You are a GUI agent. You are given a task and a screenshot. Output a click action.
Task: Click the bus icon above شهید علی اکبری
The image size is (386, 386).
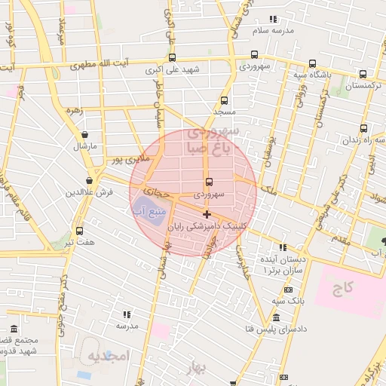(173, 57)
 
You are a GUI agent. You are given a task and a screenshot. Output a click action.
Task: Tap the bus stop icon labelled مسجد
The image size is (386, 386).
(224, 100)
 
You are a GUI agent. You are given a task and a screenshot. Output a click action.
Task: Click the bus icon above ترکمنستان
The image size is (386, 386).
(363, 74)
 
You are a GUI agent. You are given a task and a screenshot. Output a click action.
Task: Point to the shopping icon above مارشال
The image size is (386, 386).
(84, 134)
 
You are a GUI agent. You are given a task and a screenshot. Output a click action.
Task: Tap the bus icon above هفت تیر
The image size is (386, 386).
(79, 231)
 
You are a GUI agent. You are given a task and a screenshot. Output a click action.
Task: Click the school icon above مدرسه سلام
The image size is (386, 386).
(273, 18)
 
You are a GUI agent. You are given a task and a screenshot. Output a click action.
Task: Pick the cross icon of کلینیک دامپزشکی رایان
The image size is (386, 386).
(207, 215)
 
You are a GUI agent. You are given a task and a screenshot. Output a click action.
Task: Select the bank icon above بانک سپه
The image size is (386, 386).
(288, 290)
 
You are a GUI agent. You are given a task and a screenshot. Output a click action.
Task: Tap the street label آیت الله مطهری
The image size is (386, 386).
(111, 64)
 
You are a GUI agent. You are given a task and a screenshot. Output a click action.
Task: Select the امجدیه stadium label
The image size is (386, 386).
(109, 354)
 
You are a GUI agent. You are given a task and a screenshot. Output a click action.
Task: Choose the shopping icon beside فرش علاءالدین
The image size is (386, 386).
(90, 181)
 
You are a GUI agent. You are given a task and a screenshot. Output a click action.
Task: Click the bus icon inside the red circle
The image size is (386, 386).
(209, 182)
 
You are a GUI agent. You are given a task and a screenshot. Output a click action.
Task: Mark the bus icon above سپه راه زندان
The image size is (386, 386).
(364, 129)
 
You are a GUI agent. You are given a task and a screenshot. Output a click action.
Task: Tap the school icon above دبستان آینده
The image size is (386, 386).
(283, 247)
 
